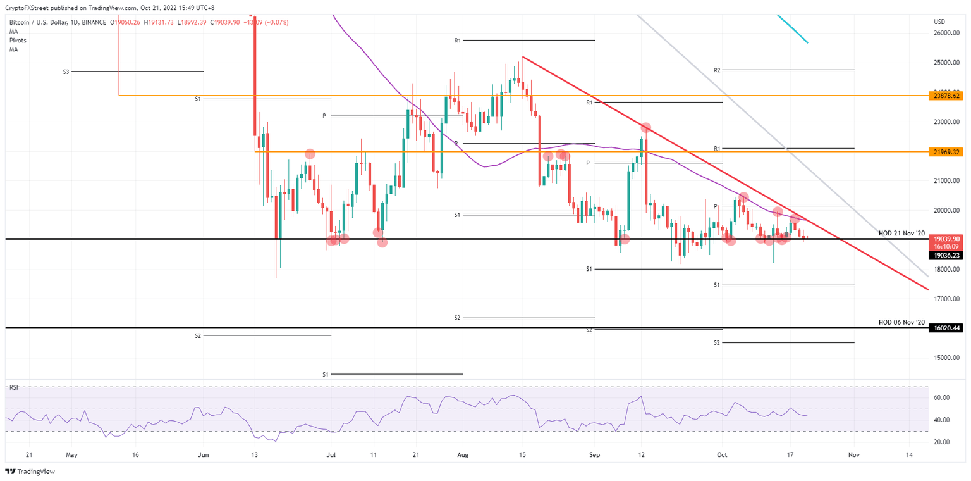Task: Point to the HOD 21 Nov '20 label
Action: tap(901, 234)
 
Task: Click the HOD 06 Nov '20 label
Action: tap(901, 323)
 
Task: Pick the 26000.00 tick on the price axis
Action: tap(946, 33)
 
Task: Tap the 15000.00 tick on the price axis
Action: tap(946, 358)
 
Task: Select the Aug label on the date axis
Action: tap(463, 454)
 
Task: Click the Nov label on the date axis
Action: tap(853, 454)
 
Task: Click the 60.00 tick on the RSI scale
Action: tap(942, 398)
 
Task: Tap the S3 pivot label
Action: tap(66, 72)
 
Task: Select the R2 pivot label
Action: tap(717, 70)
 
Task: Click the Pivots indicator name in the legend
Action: tap(17, 41)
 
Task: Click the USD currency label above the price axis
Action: tap(939, 22)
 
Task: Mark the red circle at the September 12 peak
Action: tap(645, 128)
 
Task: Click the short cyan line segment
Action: tap(791, 28)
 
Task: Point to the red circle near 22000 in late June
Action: tap(310, 154)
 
